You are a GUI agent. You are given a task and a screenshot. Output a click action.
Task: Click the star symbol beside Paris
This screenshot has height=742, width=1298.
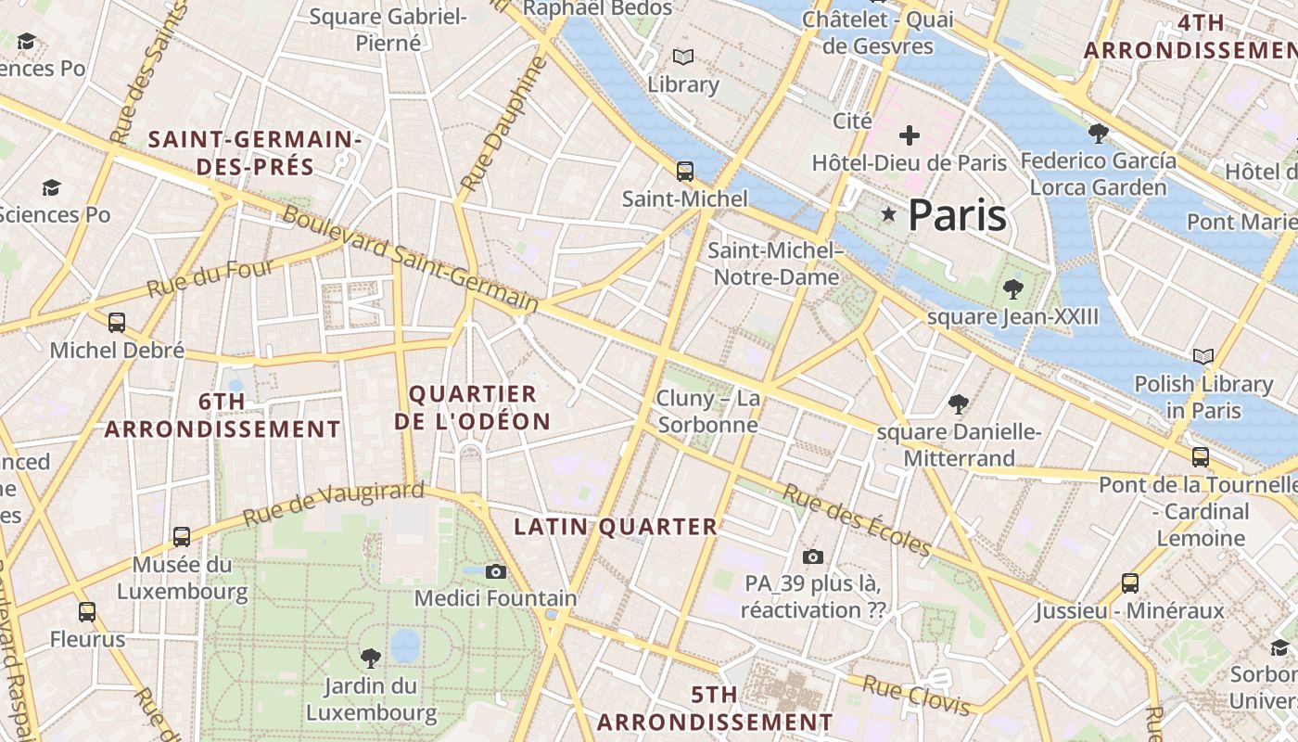coord(889,215)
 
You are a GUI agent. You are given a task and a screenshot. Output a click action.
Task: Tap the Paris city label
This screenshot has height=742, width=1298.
coord(957,215)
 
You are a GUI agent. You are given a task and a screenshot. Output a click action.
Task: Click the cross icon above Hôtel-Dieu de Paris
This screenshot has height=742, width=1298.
coord(910,135)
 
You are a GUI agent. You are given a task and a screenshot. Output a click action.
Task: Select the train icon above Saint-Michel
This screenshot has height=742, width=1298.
coord(685,172)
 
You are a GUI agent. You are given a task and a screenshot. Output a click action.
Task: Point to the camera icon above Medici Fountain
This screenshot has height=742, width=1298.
coord(496,571)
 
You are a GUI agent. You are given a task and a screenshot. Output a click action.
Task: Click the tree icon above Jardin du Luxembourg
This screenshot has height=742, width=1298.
coord(371,659)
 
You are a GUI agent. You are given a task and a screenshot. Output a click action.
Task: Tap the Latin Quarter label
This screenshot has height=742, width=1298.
coord(616,527)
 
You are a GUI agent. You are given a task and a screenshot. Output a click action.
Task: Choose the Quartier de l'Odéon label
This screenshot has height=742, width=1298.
coord(473,408)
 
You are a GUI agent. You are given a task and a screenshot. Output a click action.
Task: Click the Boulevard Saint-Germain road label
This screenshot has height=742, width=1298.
coord(410,258)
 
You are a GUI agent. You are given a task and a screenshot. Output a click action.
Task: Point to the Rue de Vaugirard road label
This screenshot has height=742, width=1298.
coord(334,504)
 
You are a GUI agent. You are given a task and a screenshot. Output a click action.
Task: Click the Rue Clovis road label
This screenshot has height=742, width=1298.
coord(916,696)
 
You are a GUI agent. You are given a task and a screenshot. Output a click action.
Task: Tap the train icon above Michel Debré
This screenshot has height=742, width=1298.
coord(117,323)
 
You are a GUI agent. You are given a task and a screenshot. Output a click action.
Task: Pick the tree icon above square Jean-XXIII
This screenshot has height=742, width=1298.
coord(1013,289)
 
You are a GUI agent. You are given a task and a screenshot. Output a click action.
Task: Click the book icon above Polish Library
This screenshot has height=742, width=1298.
coord(1203,356)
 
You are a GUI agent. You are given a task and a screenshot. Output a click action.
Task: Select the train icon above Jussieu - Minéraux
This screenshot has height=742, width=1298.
coord(1130,583)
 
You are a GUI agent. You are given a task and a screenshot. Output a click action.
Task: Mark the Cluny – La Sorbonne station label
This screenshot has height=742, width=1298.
coord(707,412)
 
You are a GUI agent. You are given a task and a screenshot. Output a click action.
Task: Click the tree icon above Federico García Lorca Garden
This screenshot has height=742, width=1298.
coord(1099,134)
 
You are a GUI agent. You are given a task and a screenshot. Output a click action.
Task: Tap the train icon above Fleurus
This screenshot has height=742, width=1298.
coord(87,612)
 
